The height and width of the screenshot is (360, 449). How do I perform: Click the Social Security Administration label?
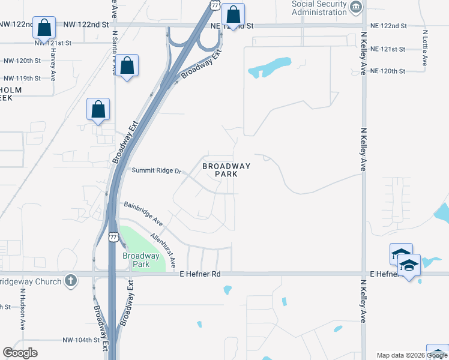coord(319,7)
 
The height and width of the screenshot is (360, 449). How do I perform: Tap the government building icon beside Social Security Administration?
coord(357,7)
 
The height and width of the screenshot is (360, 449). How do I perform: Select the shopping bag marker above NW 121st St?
coord(44,28)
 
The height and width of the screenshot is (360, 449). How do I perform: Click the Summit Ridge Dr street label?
coord(156,171)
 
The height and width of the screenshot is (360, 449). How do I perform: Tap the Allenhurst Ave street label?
coord(163,250)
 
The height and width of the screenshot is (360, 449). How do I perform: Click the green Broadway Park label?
coord(140,260)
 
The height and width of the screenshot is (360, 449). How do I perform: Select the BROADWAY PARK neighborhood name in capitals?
coord(226,170)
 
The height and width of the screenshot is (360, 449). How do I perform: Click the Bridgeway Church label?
coord(30,281)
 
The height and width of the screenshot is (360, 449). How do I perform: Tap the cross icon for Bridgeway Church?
coord(70,281)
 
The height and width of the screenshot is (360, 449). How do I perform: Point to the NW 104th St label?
coord(80,340)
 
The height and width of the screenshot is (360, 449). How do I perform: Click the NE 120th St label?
coord(388,71)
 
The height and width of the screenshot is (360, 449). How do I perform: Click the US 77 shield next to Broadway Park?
coord(113,237)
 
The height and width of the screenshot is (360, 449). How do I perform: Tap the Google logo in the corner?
coord(20,353)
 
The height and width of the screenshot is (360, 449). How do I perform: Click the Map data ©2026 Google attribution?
coord(412,355)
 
